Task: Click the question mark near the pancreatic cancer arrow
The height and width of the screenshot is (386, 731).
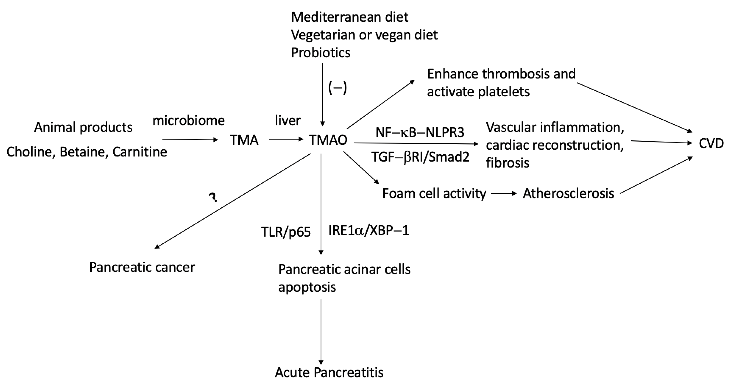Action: coord(213,197)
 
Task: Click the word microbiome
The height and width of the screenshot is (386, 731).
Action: coord(188,121)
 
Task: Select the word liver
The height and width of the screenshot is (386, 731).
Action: coord(287,121)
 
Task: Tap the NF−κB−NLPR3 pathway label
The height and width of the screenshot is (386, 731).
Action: coord(420,132)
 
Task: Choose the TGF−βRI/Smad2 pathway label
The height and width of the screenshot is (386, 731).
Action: coord(420,157)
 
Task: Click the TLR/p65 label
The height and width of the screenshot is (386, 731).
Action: coord(286,232)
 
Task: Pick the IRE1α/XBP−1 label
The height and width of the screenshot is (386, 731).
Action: coord(369,230)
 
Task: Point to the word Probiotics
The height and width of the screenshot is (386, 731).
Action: coord(321,53)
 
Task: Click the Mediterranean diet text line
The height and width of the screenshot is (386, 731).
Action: coord(350,17)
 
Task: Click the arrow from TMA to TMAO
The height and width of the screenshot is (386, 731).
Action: coord(286,139)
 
